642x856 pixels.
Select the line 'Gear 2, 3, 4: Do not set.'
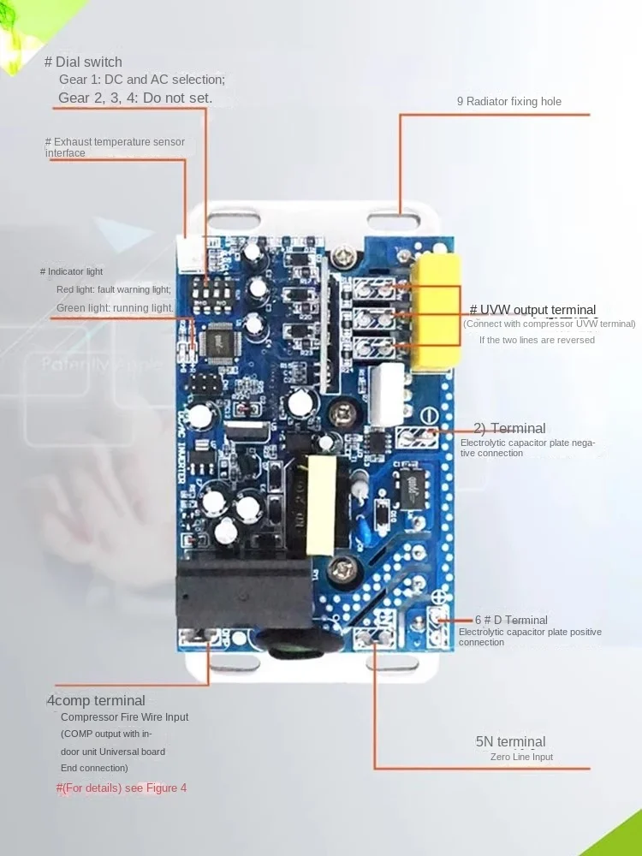(134, 98)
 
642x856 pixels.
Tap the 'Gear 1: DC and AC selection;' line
(141, 80)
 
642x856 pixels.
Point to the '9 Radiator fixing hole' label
(508, 101)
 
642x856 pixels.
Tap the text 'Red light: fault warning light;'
(113, 289)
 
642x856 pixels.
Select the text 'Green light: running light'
(113, 307)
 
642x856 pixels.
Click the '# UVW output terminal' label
(532, 310)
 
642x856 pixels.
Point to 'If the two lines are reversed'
(537, 340)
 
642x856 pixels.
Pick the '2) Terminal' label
(509, 428)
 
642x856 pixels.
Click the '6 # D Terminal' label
(511, 620)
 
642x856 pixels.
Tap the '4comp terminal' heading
(96, 701)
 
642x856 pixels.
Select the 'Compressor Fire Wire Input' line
(125, 717)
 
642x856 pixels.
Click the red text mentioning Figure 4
(121, 788)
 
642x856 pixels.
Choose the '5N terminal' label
(510, 742)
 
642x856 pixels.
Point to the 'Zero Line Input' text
(521, 757)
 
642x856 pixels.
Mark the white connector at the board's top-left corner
(188, 253)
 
